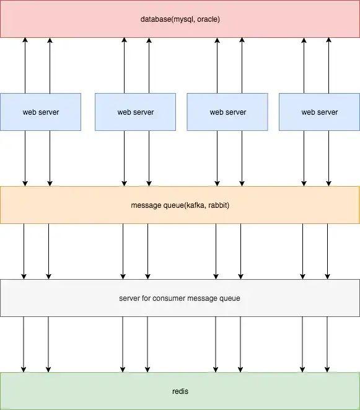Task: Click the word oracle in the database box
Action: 208,20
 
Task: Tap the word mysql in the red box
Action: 185,20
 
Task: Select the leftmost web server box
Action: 40,112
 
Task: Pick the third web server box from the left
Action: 227,112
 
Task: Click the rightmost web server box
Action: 319,112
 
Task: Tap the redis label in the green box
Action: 180,391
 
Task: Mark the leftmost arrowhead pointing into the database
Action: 25,40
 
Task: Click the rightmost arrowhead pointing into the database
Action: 328,40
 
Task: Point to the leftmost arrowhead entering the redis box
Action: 24,370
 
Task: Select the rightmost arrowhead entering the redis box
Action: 327,370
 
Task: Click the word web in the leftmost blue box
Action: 29,112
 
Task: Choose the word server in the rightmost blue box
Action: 328,112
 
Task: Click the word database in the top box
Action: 156,20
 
